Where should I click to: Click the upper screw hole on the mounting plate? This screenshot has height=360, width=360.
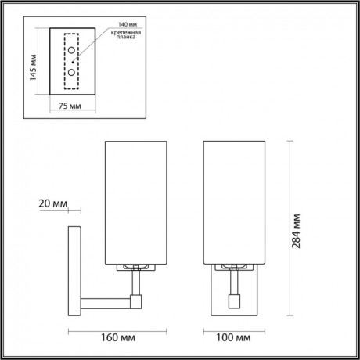[71, 51]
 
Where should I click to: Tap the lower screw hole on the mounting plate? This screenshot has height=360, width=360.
[71, 72]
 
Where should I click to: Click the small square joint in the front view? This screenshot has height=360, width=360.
[234, 298]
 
